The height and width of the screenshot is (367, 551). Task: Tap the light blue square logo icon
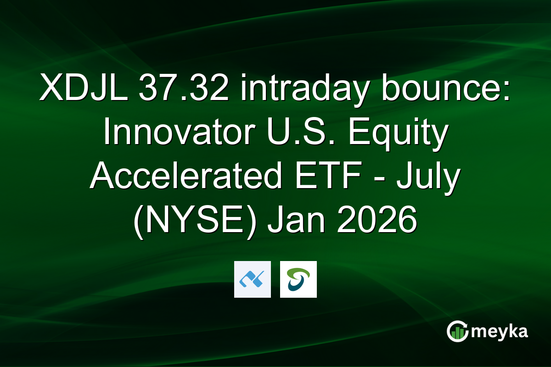tap(252, 279)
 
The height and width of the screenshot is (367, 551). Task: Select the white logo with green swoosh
tap(298, 279)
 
